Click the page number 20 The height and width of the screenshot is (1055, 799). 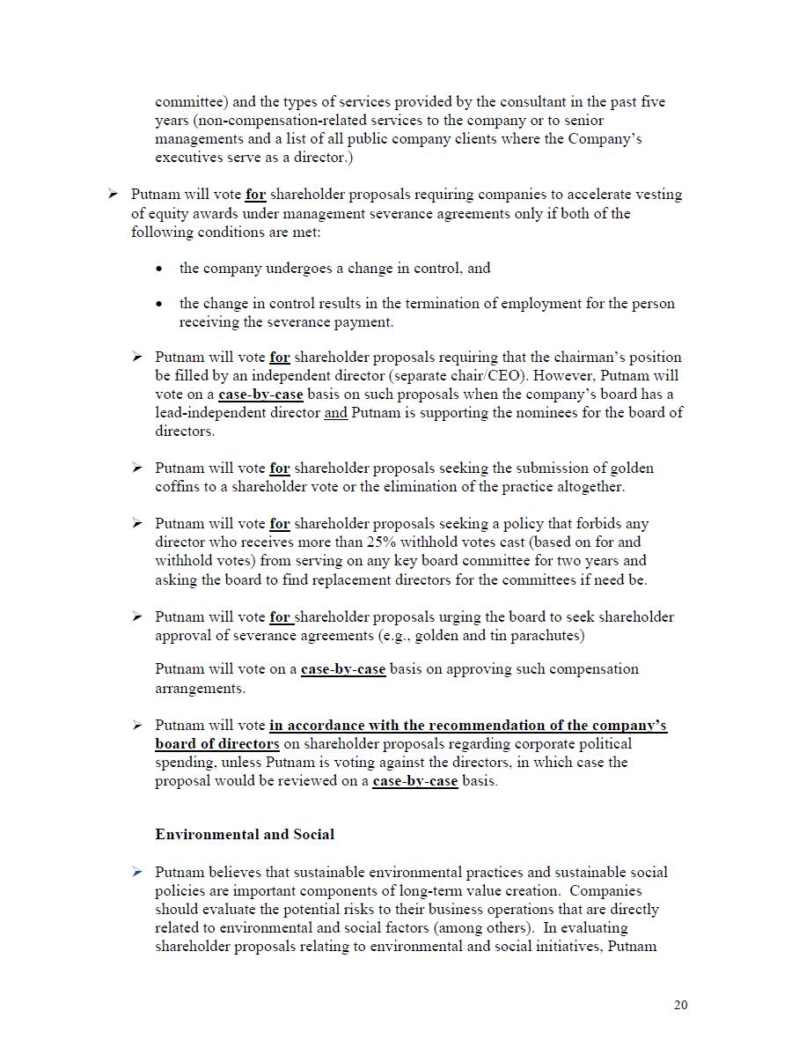(x=680, y=1006)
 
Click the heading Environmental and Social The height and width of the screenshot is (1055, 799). (x=245, y=834)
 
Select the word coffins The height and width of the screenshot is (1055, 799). (x=180, y=487)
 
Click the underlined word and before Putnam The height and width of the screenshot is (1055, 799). (x=336, y=413)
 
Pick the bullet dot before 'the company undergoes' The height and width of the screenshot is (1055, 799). (x=158, y=269)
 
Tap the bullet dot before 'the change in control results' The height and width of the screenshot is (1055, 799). (x=158, y=304)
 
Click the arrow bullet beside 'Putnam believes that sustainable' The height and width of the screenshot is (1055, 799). (x=137, y=872)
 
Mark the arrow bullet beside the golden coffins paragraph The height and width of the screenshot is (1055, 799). (x=137, y=468)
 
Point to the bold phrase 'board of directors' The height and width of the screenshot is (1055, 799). (x=217, y=744)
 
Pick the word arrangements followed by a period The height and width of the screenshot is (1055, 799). (x=199, y=688)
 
